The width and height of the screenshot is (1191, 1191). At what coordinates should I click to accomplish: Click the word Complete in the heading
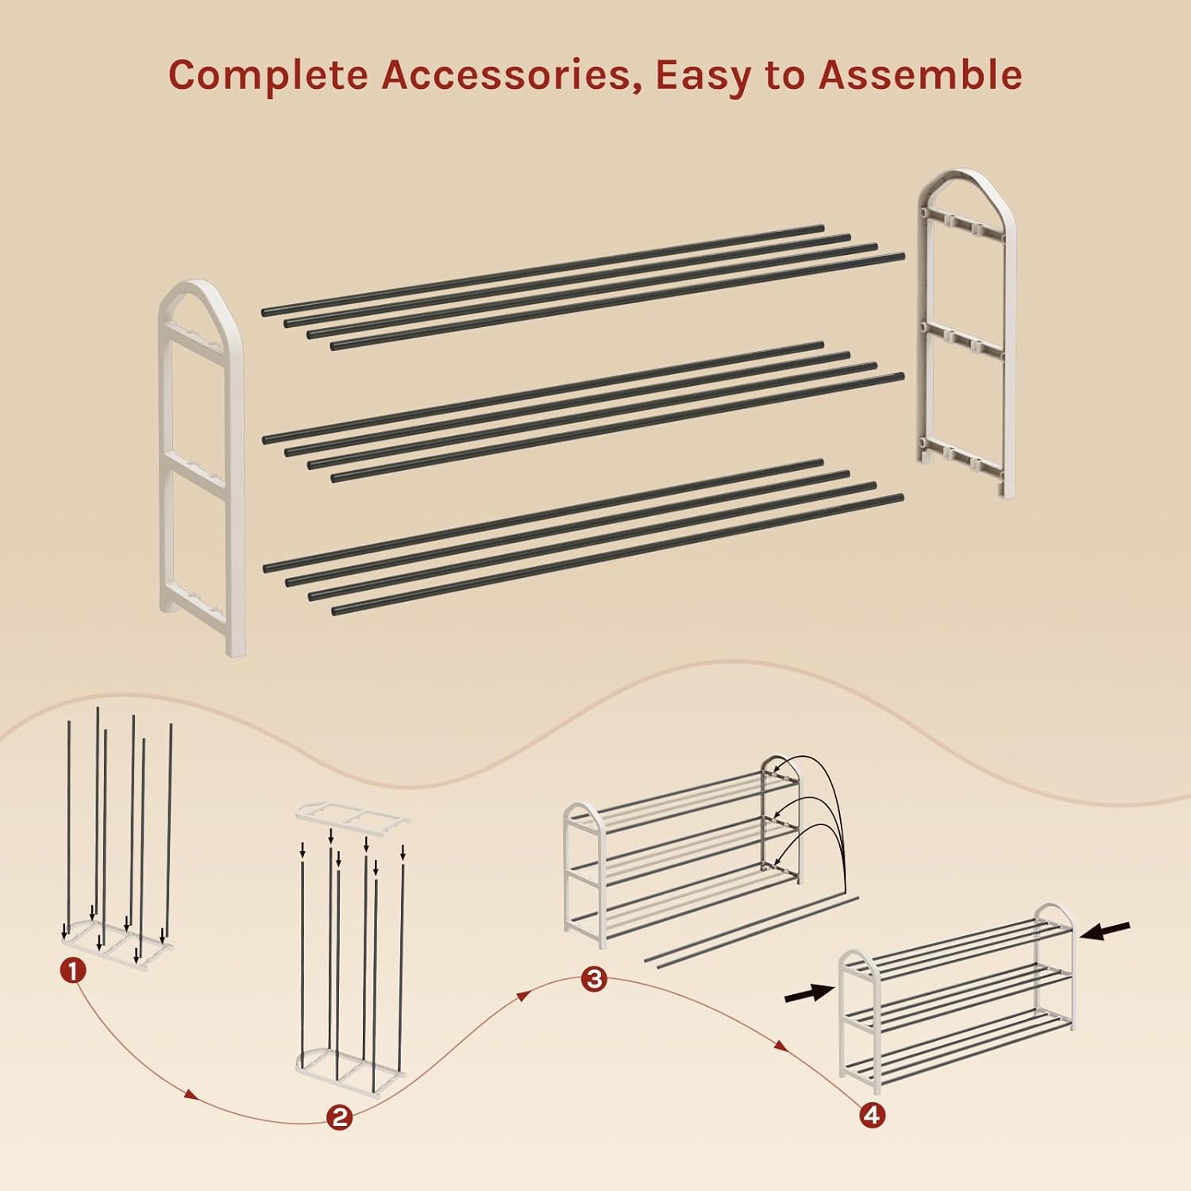[x=269, y=75]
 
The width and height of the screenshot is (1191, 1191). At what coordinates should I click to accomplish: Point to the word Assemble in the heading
[x=920, y=75]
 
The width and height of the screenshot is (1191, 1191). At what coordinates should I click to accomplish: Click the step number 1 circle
[x=73, y=970]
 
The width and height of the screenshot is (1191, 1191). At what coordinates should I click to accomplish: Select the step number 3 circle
[x=594, y=978]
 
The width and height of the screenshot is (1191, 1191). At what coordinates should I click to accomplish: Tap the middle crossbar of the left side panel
[x=198, y=472]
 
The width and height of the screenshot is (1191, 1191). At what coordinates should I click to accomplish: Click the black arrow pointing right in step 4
[x=809, y=992]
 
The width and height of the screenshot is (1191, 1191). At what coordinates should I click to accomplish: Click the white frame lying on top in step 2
[x=353, y=815]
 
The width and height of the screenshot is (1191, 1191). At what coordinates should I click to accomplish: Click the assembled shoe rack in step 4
[x=958, y=997]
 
